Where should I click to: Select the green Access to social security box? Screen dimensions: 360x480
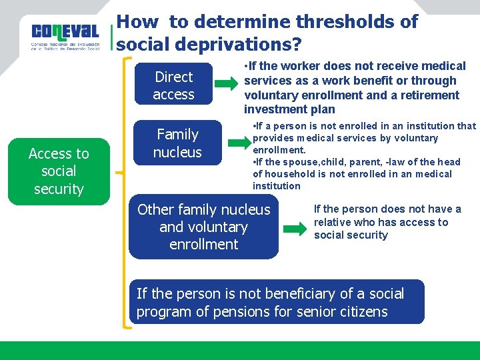tap(59, 171)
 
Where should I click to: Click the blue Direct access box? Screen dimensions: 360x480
tap(173, 85)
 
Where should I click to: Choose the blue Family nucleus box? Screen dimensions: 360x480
tap(177, 143)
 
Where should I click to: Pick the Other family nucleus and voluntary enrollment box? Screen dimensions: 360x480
tap(203, 227)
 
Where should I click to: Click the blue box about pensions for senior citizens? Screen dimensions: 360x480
tap(276, 302)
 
